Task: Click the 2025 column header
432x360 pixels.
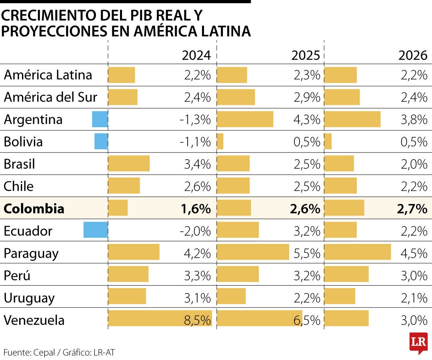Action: pyautogui.click(x=306, y=55)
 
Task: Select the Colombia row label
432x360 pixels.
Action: pyautogui.click(x=34, y=208)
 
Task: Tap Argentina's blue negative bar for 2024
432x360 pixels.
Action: pyautogui.click(x=100, y=119)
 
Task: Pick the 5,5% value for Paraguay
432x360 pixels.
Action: pyautogui.click(x=307, y=253)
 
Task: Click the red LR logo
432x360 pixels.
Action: pyautogui.click(x=418, y=342)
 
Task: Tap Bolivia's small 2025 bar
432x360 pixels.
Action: pyautogui.click(x=220, y=142)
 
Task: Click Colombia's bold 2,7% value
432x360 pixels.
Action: pyautogui.click(x=412, y=209)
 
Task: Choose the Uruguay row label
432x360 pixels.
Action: pyautogui.click(x=29, y=298)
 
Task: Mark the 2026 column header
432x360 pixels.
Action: pyautogui.click(x=413, y=55)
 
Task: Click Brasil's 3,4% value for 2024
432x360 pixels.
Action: pyautogui.click(x=197, y=164)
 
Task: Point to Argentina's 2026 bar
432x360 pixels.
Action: pyautogui.click(x=352, y=119)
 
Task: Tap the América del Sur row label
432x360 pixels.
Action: pyautogui.click(x=50, y=97)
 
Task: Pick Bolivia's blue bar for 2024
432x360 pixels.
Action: pyautogui.click(x=101, y=142)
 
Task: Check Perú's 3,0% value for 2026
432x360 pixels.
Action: pyautogui.click(x=414, y=276)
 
